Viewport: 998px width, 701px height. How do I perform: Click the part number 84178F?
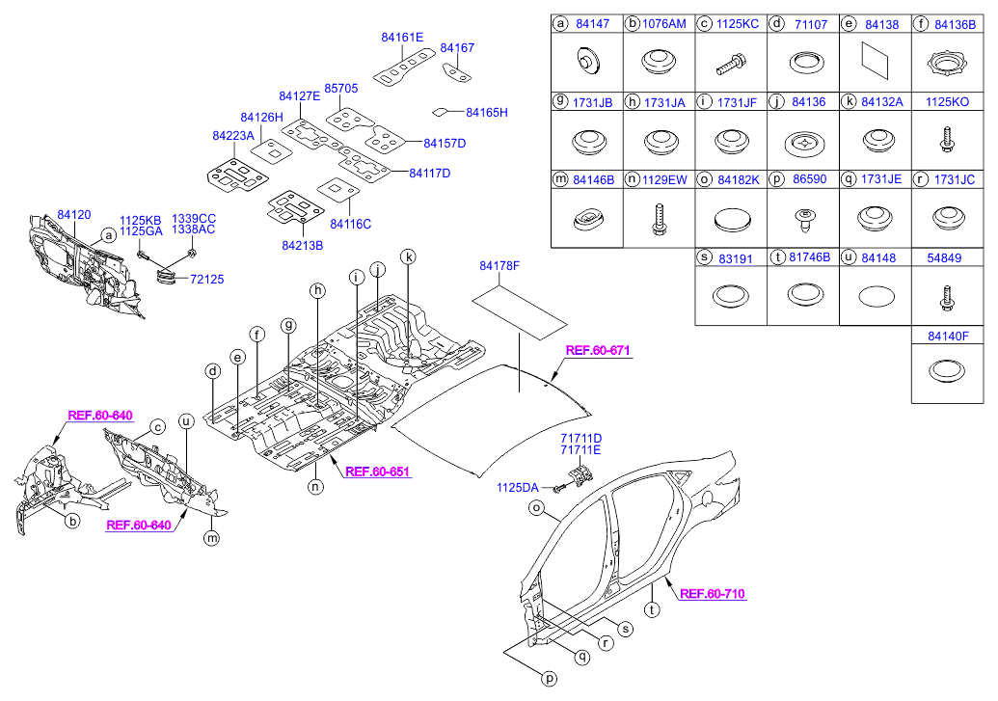(499, 265)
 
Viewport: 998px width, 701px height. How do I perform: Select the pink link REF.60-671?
(598, 351)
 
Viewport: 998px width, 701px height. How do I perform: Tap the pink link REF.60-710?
(713, 594)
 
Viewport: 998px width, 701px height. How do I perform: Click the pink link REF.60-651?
(377, 472)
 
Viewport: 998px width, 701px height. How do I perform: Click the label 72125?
(206, 279)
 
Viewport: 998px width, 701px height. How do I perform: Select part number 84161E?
(402, 38)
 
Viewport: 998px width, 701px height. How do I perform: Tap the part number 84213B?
(302, 245)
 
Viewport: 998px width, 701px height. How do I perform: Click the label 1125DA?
(518, 488)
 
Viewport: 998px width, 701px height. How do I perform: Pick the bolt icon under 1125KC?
(731, 67)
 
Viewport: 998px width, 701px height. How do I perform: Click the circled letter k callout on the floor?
(409, 256)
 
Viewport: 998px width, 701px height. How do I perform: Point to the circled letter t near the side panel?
(652, 609)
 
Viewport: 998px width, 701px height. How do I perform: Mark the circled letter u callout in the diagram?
(186, 421)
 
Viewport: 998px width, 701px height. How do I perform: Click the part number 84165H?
(486, 112)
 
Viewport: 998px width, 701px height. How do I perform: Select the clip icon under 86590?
(803, 220)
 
